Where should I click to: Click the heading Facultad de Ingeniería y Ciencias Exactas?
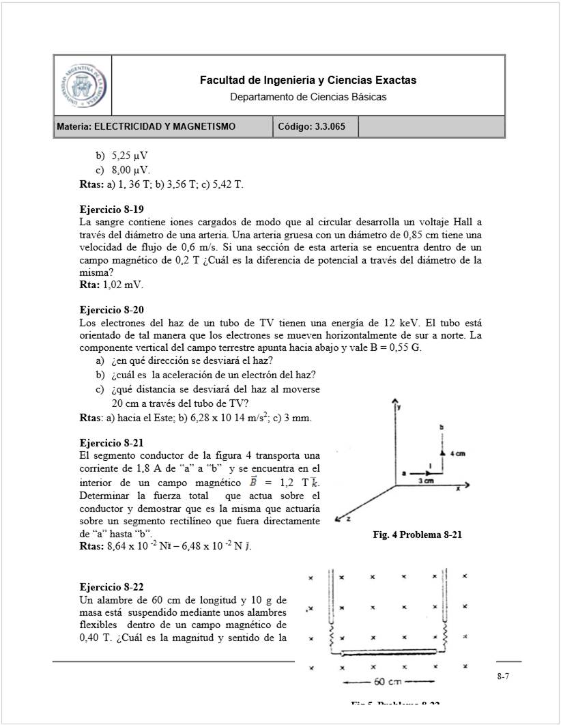coord(308,81)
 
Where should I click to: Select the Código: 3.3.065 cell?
coord(312,126)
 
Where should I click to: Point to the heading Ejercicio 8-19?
coord(111,210)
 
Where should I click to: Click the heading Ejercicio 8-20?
coord(111,310)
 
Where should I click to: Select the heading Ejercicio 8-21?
coord(111,442)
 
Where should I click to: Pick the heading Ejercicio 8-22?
coord(111,587)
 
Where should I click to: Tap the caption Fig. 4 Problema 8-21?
coord(417,535)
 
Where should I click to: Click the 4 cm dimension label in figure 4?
coord(456,453)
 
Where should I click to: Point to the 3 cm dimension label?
coord(426,481)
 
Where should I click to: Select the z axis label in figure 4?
coord(349,520)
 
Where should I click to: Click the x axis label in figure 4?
coord(457,489)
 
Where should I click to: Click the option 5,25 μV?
coord(130,156)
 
